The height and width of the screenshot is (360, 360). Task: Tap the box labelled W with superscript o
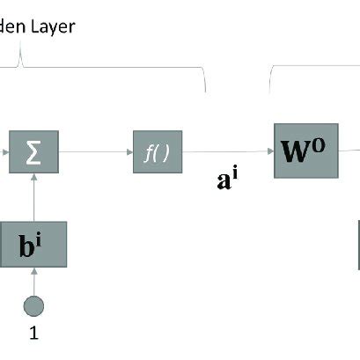click(305, 151)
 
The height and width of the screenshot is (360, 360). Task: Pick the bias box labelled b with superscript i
click(35, 245)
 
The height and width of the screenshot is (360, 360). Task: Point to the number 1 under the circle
click(35, 333)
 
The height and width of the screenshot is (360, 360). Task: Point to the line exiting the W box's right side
click(349, 151)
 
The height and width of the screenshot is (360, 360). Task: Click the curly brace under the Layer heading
click(106, 69)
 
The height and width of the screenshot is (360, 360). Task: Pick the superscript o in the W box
click(320, 143)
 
